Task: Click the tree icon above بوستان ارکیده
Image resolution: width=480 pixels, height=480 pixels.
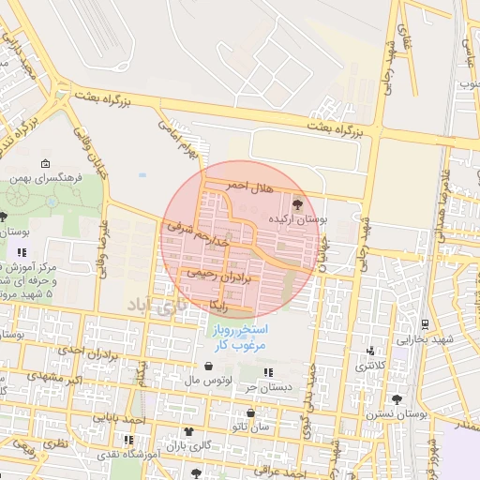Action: (297, 202)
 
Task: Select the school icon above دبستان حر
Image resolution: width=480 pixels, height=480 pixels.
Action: (269, 372)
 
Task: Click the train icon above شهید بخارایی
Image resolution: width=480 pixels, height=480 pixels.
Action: (426, 323)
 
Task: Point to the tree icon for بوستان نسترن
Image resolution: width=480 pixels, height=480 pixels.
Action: (397, 399)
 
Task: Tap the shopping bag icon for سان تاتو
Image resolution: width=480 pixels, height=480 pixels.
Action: (250, 412)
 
